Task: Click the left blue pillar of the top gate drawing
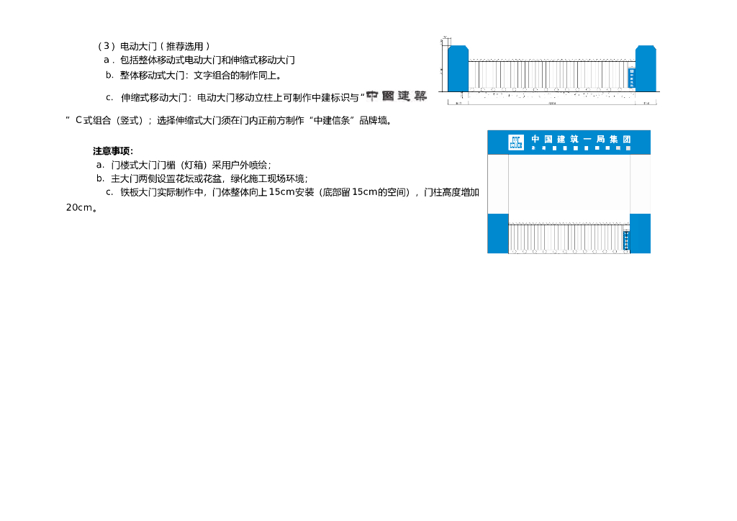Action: pyautogui.click(x=458, y=69)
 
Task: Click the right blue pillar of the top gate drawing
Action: pyautogui.click(x=646, y=69)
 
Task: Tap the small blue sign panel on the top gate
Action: pyautogui.click(x=632, y=78)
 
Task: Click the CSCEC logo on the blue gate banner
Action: pyautogui.click(x=516, y=142)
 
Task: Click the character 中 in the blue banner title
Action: pyautogui.click(x=536, y=139)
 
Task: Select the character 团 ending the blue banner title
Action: pyautogui.click(x=626, y=139)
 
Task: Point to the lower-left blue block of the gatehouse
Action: pyautogui.click(x=498, y=233)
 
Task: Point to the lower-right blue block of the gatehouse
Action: pyautogui.click(x=640, y=233)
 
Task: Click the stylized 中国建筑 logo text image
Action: pyautogui.click(x=396, y=96)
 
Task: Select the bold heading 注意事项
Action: pyautogui.click(x=113, y=151)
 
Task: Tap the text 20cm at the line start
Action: pyautogui.click(x=79, y=207)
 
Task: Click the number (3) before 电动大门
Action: pyautogui.click(x=106, y=47)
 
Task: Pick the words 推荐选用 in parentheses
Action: pyautogui.click(x=185, y=47)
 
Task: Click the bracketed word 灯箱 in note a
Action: pyautogui.click(x=192, y=165)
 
